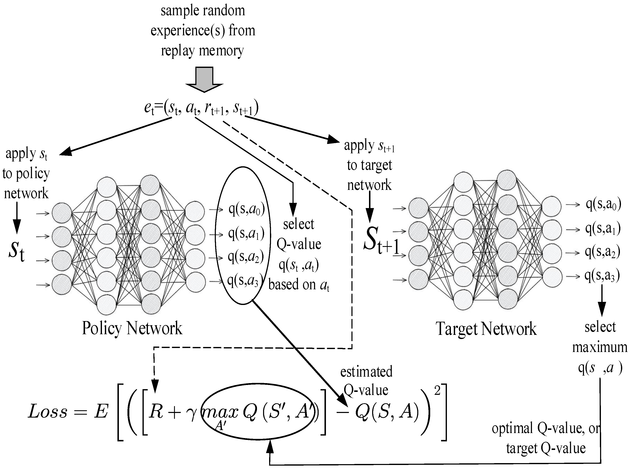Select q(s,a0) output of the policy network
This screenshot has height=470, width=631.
[246, 210]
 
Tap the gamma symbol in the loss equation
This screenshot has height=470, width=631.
[193, 413]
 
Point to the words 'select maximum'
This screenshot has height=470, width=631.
[600, 337]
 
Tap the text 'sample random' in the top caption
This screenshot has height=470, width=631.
[202, 11]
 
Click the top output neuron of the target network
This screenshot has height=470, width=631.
[551, 206]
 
